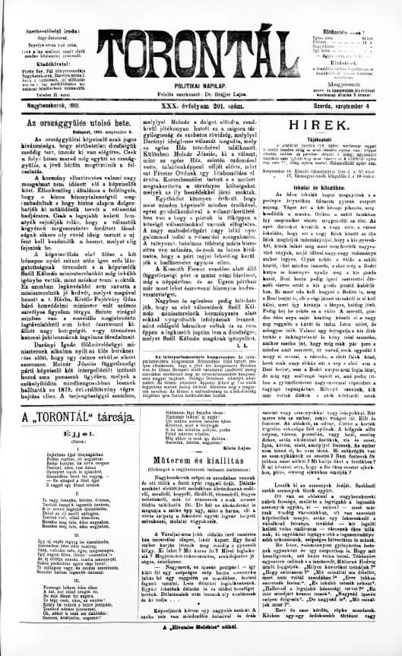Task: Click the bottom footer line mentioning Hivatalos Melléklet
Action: point(201,649)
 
